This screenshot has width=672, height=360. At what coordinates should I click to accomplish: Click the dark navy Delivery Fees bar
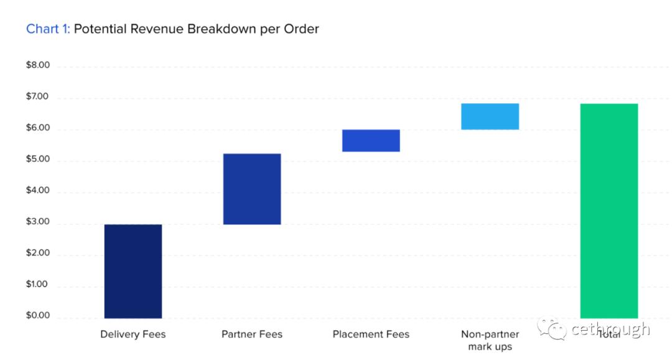coord(133,271)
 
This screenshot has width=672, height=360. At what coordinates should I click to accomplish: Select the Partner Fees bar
coord(252,189)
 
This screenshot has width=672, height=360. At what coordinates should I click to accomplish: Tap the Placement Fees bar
coord(371,141)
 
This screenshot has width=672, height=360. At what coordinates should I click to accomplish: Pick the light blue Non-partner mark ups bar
coord(490,116)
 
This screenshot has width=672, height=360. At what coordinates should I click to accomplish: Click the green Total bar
coord(609,211)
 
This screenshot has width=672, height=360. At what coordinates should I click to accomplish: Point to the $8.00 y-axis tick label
coord(37,66)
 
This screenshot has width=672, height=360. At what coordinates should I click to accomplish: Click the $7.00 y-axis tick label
coord(37,98)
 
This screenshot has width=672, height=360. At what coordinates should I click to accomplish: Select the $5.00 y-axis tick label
coord(37,160)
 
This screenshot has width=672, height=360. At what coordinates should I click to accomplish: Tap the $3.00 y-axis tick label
coord(37,223)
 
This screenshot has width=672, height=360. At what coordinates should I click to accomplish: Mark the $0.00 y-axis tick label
coord(37,316)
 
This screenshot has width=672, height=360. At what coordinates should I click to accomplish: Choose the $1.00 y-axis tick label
coord(37,285)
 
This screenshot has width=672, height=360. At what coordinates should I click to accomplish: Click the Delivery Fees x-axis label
coord(133,335)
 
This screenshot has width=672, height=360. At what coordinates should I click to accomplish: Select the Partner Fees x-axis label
coord(252,335)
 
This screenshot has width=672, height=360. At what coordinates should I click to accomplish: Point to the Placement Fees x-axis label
coord(371,335)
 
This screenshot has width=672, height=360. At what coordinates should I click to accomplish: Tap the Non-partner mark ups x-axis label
coord(490,340)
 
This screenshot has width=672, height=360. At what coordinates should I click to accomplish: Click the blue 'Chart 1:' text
coord(48,29)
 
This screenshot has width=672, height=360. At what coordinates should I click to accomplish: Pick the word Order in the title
coord(302,29)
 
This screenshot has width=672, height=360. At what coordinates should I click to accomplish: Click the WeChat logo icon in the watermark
coord(552,330)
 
